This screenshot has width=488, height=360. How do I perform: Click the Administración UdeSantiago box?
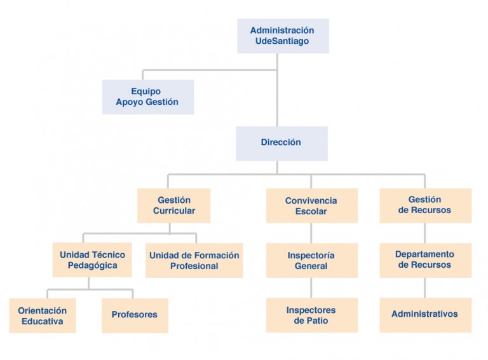[x=283, y=36]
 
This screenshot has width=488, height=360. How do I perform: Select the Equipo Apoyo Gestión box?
[x=148, y=97]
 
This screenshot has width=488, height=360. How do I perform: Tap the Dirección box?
[x=281, y=144]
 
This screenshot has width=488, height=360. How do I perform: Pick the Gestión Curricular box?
[x=173, y=205]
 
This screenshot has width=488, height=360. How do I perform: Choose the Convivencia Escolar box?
[x=312, y=205]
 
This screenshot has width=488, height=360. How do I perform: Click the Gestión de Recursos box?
[x=426, y=205]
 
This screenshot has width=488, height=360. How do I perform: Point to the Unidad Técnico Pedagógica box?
[x=92, y=260]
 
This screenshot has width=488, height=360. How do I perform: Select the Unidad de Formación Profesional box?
[x=194, y=260]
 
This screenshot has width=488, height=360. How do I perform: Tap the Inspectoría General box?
[x=312, y=260]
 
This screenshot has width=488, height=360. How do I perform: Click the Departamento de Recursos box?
[x=426, y=260]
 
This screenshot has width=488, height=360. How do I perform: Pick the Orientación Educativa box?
[x=43, y=315]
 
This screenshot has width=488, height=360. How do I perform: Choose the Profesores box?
[x=135, y=315]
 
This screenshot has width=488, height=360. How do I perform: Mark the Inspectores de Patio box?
[x=312, y=315]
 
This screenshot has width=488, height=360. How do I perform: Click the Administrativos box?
[x=426, y=315]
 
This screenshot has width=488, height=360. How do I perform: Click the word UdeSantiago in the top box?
[x=282, y=41]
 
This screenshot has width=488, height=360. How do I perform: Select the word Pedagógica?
[x=92, y=266]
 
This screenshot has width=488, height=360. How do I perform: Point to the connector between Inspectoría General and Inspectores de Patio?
[x=311, y=287]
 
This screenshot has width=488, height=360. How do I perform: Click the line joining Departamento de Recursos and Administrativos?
[x=425, y=287]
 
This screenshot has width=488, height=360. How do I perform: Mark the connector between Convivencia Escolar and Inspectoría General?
[x=311, y=233]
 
